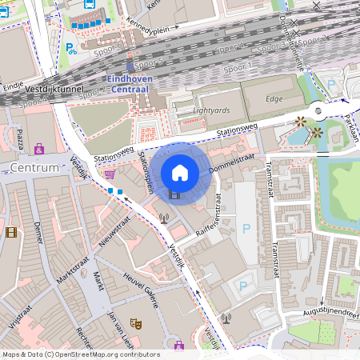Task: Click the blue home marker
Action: pyautogui.click(x=179, y=173)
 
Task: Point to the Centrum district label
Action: pyautogui.click(x=35, y=168)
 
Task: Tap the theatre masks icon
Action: pyautogui.click(x=136, y=323)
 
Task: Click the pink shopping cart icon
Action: pyautogui.click(x=110, y=174)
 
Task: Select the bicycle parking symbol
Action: pyautogui.click(x=71, y=48)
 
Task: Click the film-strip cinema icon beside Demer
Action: pyautogui.click(x=10, y=233)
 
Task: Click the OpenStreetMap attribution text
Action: pyautogui.click(x=80, y=354)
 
